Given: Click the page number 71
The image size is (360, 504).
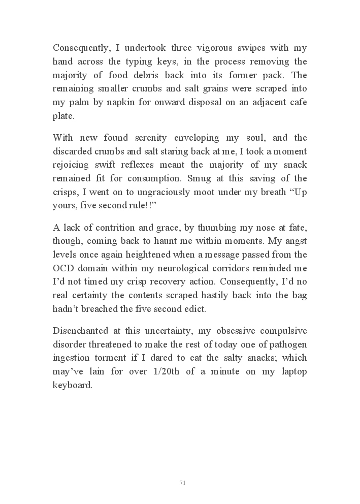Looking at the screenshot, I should click(x=182, y=482).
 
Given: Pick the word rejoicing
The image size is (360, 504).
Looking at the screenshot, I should click(x=73, y=165).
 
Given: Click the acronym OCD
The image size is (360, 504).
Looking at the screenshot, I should click(x=64, y=267).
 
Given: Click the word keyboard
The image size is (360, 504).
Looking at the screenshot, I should click(x=72, y=385).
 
